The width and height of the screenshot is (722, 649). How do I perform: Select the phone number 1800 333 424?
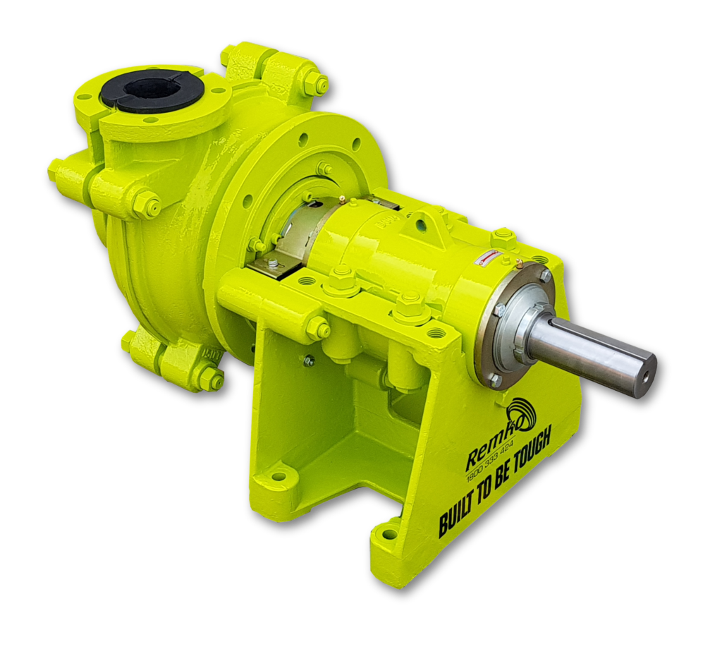click(x=491, y=469)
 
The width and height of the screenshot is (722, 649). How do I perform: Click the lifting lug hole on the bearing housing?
click(x=421, y=226)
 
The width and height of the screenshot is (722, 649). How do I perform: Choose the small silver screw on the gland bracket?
click(x=273, y=265)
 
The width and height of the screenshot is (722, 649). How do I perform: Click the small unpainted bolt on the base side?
click(x=309, y=360)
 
